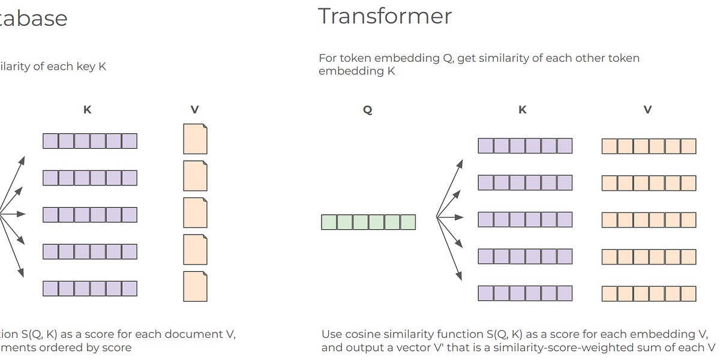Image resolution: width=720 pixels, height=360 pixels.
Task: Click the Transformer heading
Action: coord(385,16)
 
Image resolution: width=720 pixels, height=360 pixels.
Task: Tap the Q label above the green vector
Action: coord(368,110)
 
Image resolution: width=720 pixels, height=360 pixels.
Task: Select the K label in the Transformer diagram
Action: coord(523,110)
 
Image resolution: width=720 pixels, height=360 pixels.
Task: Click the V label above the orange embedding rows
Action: coord(648,110)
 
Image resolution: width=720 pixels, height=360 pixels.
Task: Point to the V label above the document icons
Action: coord(195,110)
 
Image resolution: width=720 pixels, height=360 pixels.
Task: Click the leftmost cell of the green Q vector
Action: coord(329,222)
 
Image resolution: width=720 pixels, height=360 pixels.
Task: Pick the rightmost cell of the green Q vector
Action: coord(408,222)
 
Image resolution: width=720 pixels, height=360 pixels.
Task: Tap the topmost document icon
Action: coord(195,139)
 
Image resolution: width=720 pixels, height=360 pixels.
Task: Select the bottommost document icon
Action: coord(195,286)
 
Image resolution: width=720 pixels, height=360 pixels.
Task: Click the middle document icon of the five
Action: coord(195,213)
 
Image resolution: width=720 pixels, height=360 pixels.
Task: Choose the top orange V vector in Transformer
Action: coord(649,146)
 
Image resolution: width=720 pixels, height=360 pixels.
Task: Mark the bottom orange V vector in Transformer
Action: coord(649,293)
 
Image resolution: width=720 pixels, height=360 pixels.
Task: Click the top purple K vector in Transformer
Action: coord(525,146)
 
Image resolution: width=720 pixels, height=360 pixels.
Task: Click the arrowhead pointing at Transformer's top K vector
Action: coord(460,163)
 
